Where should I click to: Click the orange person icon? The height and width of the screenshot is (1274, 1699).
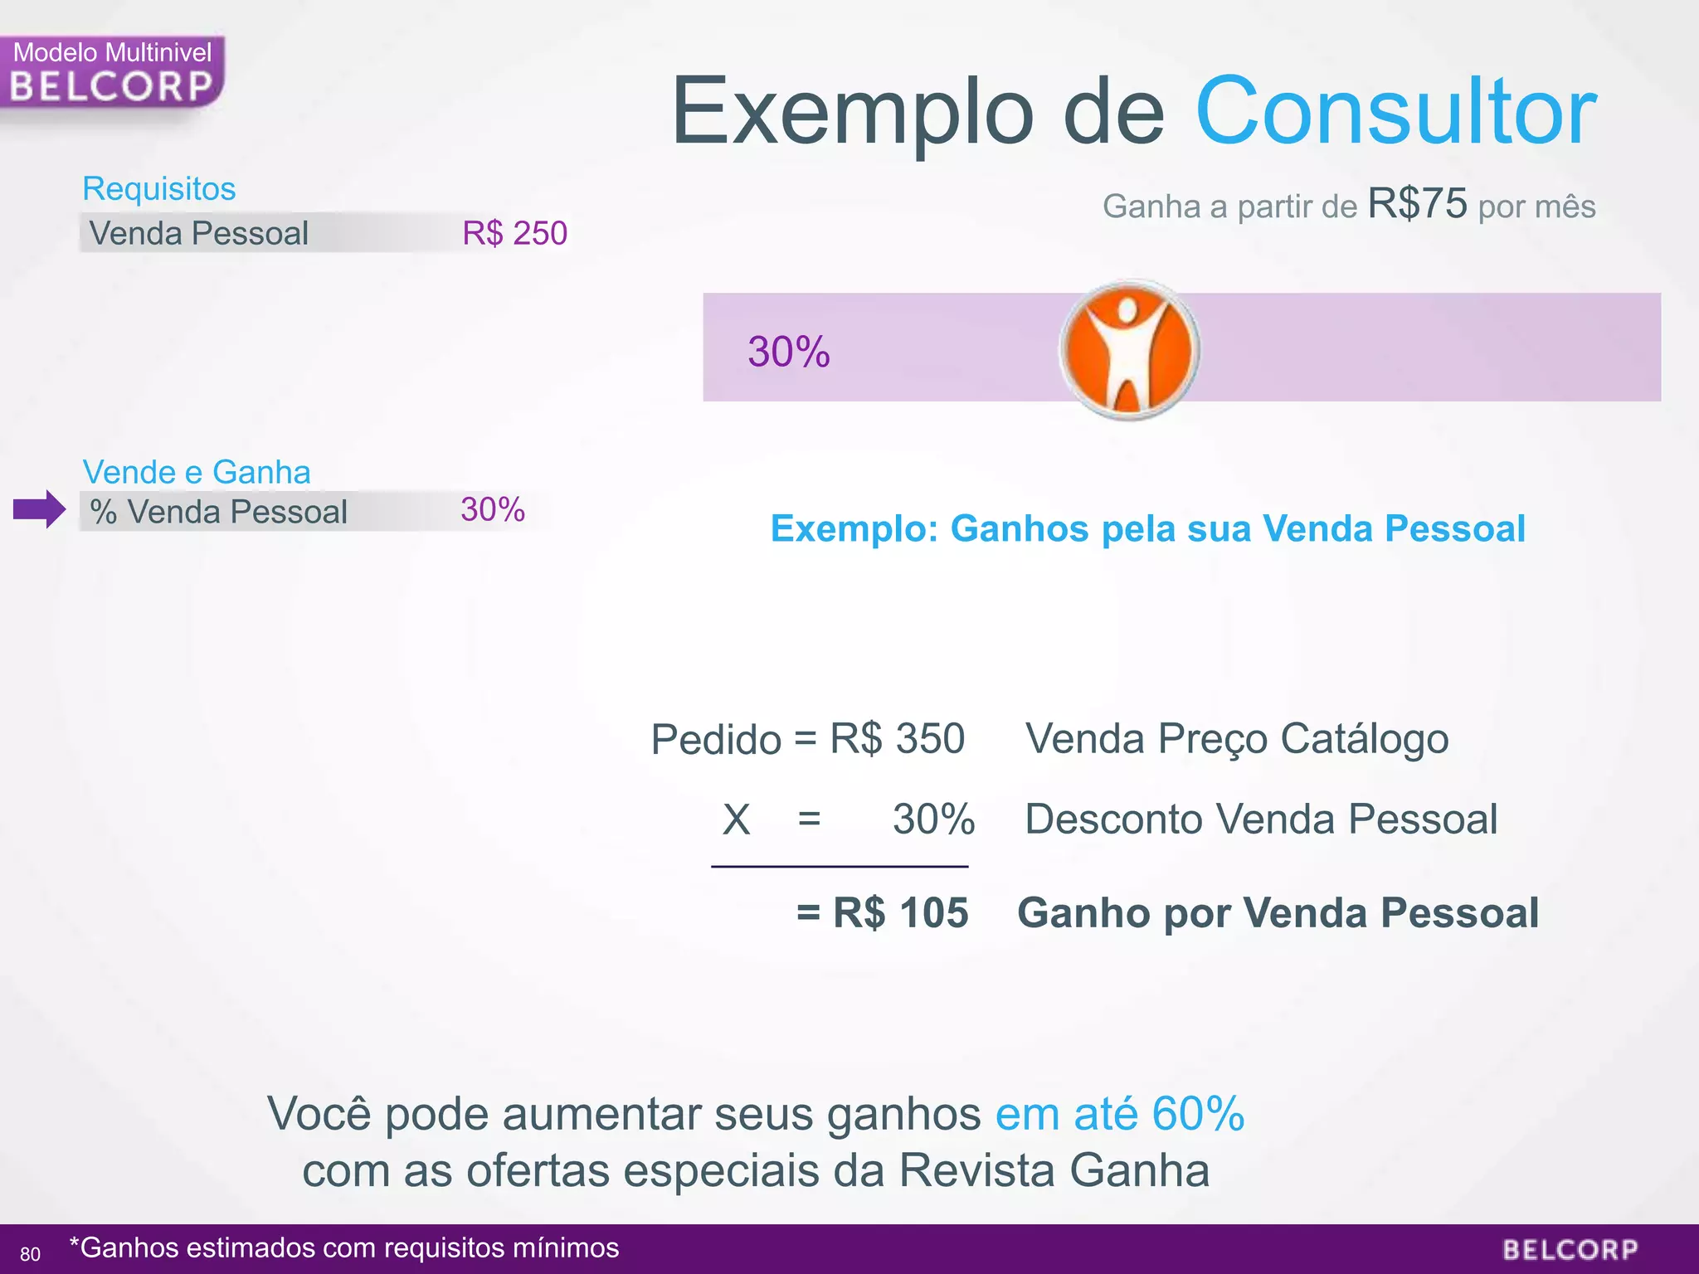1129,350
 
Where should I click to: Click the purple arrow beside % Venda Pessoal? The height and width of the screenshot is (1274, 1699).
39,509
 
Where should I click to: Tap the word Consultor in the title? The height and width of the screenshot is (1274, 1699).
1395,111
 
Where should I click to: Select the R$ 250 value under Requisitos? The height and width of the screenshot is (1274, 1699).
514,233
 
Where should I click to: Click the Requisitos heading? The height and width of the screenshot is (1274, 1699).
159,189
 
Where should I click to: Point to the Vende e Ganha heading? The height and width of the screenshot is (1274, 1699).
197,472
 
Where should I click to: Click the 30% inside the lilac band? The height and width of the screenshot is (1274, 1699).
788,352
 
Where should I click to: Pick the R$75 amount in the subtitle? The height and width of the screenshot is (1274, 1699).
1417,203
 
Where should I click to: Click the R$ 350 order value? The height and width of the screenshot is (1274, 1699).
898,738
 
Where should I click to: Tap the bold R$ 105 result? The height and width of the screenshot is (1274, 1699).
900,912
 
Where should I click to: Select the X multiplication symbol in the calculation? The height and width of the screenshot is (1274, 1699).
736,820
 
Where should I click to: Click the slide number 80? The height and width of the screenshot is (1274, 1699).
30,1254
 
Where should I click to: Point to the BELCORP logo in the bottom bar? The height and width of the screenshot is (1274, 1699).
1570,1250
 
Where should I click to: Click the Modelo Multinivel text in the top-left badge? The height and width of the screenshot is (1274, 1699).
113,52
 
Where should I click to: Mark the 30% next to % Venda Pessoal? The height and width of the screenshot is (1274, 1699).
493,509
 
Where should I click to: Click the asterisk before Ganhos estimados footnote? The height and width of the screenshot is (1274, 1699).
75,1243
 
